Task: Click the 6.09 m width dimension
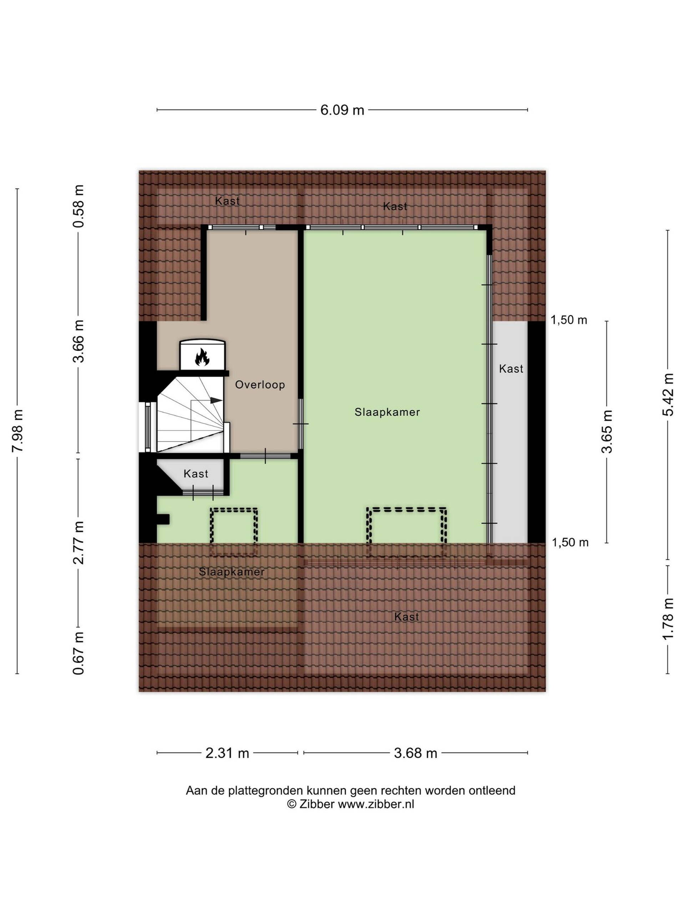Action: point(342,110)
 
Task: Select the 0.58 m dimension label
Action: point(78,206)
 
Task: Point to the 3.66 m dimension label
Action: point(78,341)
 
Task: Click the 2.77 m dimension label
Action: point(78,542)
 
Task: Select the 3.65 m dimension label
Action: point(607,431)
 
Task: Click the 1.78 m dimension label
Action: point(668,618)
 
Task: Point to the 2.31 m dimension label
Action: point(228,753)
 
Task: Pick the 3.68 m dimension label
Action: point(415,753)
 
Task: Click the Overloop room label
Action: point(260,385)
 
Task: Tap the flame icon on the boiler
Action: point(202,357)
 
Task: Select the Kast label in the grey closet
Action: point(511,368)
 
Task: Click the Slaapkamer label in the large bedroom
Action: point(387,412)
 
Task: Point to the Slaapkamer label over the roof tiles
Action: point(232,572)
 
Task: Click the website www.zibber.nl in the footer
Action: point(376,804)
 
